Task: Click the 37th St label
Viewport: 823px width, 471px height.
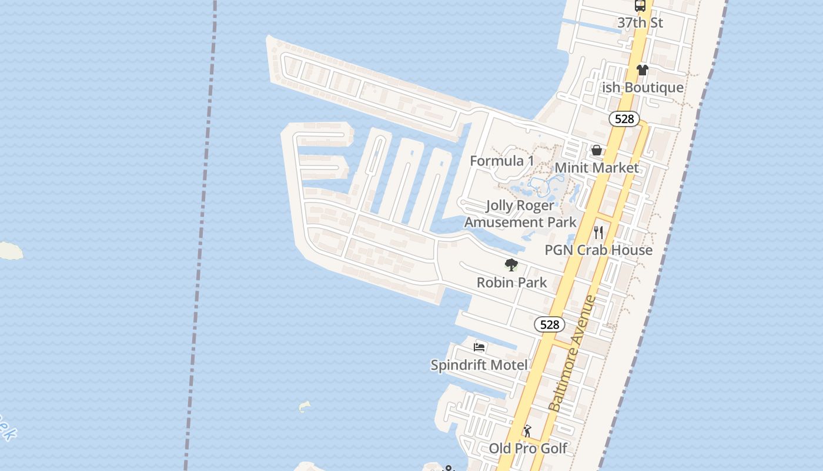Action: point(640,23)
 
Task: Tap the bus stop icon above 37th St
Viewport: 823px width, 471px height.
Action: point(640,6)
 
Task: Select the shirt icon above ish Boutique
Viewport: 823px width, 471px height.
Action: point(642,70)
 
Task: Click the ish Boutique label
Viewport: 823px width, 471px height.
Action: point(643,88)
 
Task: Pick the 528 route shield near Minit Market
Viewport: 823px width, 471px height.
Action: point(624,119)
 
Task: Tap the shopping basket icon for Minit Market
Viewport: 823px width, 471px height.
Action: point(597,150)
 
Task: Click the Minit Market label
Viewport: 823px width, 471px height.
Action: point(597,168)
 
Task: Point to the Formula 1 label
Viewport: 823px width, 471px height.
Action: point(502,161)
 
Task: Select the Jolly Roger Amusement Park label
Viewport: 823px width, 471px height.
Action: point(520,214)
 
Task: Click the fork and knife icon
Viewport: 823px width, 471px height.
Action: point(598,232)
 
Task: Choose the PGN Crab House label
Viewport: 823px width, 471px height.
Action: point(598,250)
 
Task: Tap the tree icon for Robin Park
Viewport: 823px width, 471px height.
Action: point(511,265)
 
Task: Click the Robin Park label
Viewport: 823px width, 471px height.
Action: point(511,283)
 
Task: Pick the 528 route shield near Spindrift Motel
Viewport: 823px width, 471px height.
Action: point(550,324)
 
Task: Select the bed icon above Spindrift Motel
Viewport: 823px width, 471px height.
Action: point(479,347)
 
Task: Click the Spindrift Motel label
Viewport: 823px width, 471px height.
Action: point(479,365)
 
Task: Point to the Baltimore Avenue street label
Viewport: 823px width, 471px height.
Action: point(572,353)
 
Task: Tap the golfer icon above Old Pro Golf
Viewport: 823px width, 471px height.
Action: point(527,431)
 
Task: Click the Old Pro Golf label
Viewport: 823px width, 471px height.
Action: point(528,449)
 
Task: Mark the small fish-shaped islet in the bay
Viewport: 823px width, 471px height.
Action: point(304,406)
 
